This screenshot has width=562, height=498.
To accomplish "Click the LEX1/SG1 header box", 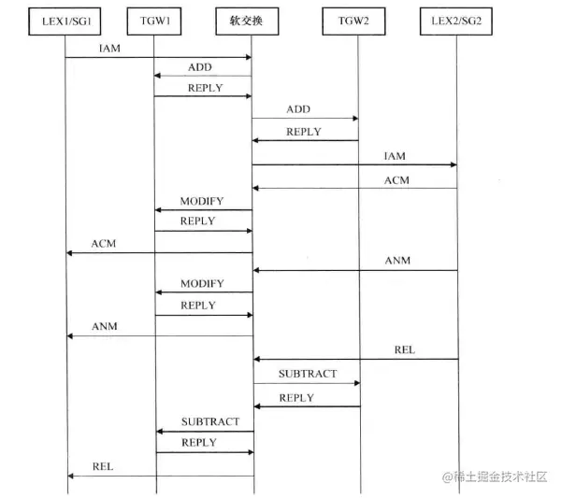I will [x=66, y=20].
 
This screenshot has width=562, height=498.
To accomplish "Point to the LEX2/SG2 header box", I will [x=457, y=20].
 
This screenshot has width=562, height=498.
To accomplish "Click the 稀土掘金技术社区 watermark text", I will [x=499, y=476].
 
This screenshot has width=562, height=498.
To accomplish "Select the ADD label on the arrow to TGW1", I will [x=199, y=66].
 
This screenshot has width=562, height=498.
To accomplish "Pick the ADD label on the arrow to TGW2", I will [x=298, y=109].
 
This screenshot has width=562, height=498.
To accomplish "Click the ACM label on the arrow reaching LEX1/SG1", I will [x=104, y=243].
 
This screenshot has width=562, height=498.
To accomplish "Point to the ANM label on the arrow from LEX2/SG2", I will [x=397, y=261].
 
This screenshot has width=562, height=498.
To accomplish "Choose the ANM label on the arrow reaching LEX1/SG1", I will [x=105, y=326].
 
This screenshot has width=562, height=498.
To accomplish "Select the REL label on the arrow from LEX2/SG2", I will [x=404, y=349].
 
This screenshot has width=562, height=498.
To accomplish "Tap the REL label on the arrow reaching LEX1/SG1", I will [x=103, y=465].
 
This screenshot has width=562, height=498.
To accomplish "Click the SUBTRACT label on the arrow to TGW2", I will [x=307, y=374].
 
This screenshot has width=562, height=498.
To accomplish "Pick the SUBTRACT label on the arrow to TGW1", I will [x=210, y=422].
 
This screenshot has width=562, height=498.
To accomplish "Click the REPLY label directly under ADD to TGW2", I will [x=304, y=132].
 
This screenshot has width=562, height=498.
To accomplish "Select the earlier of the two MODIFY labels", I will [x=202, y=201].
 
